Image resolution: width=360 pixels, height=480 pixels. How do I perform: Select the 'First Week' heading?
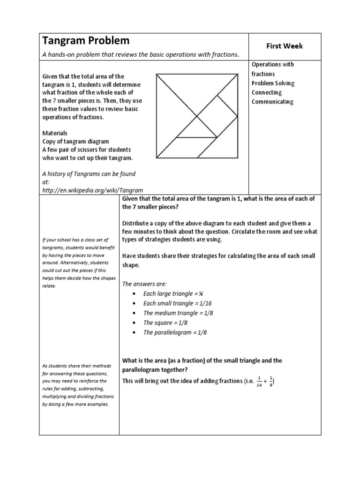285,46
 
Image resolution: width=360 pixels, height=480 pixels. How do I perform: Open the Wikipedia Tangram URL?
92,190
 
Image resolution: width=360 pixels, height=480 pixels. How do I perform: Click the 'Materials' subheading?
55,133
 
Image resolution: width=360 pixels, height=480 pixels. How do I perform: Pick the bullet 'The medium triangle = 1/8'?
178,313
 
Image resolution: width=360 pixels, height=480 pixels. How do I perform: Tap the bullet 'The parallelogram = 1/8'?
175,333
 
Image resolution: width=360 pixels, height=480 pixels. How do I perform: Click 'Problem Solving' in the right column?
273,83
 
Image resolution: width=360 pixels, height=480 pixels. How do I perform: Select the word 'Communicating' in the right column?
272,102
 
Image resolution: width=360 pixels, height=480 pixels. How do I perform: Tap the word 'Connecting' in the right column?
267,92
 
